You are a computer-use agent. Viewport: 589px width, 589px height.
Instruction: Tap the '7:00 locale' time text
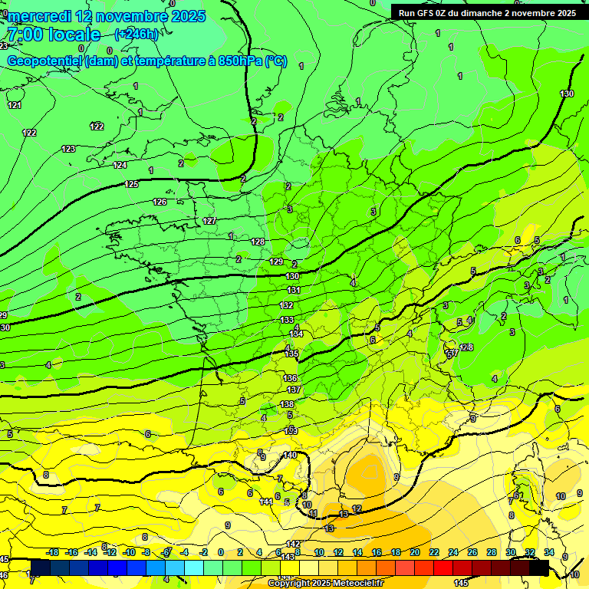[x=53, y=35]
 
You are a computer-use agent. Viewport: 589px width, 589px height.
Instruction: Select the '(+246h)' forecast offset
[x=137, y=34]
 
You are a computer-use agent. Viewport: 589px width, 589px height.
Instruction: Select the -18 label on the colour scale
[x=52, y=552]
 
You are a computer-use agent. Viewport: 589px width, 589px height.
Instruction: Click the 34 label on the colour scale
[x=549, y=552]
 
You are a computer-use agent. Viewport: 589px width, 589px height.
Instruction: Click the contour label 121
[x=15, y=105]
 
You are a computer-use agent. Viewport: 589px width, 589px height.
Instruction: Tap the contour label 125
[x=131, y=184]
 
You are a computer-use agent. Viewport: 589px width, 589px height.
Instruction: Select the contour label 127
[x=209, y=221]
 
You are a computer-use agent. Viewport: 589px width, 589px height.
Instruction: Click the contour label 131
[x=294, y=290]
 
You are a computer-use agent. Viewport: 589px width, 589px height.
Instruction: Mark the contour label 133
[x=287, y=320]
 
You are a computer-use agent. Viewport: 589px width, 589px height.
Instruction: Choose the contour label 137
[x=293, y=390]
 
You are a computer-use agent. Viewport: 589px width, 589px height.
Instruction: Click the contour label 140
[x=290, y=456]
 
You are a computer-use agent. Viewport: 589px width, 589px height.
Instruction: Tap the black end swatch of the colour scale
[x=539, y=568]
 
